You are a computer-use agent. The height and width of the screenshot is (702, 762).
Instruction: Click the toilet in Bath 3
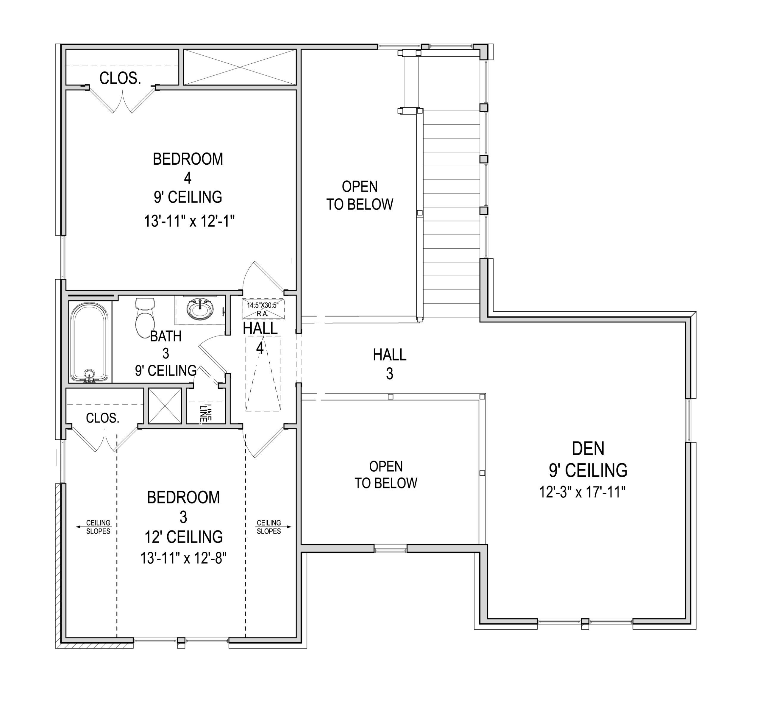[145, 315]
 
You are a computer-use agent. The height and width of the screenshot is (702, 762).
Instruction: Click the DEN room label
[588, 449]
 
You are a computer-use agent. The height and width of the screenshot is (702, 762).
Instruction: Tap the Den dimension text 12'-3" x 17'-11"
[582, 492]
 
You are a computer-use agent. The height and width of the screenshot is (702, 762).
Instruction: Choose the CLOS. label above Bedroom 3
[103, 418]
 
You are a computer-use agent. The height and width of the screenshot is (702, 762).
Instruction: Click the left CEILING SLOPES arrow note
[95, 527]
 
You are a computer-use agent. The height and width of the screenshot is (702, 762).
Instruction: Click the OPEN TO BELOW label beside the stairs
[360, 196]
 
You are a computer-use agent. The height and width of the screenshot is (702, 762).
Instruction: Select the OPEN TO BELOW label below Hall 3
[386, 475]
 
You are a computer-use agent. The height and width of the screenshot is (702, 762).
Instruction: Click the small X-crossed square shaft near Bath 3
[165, 406]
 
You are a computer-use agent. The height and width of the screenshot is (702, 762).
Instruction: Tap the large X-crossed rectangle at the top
[240, 67]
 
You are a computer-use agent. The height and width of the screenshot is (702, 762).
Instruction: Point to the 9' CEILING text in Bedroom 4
[188, 197]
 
